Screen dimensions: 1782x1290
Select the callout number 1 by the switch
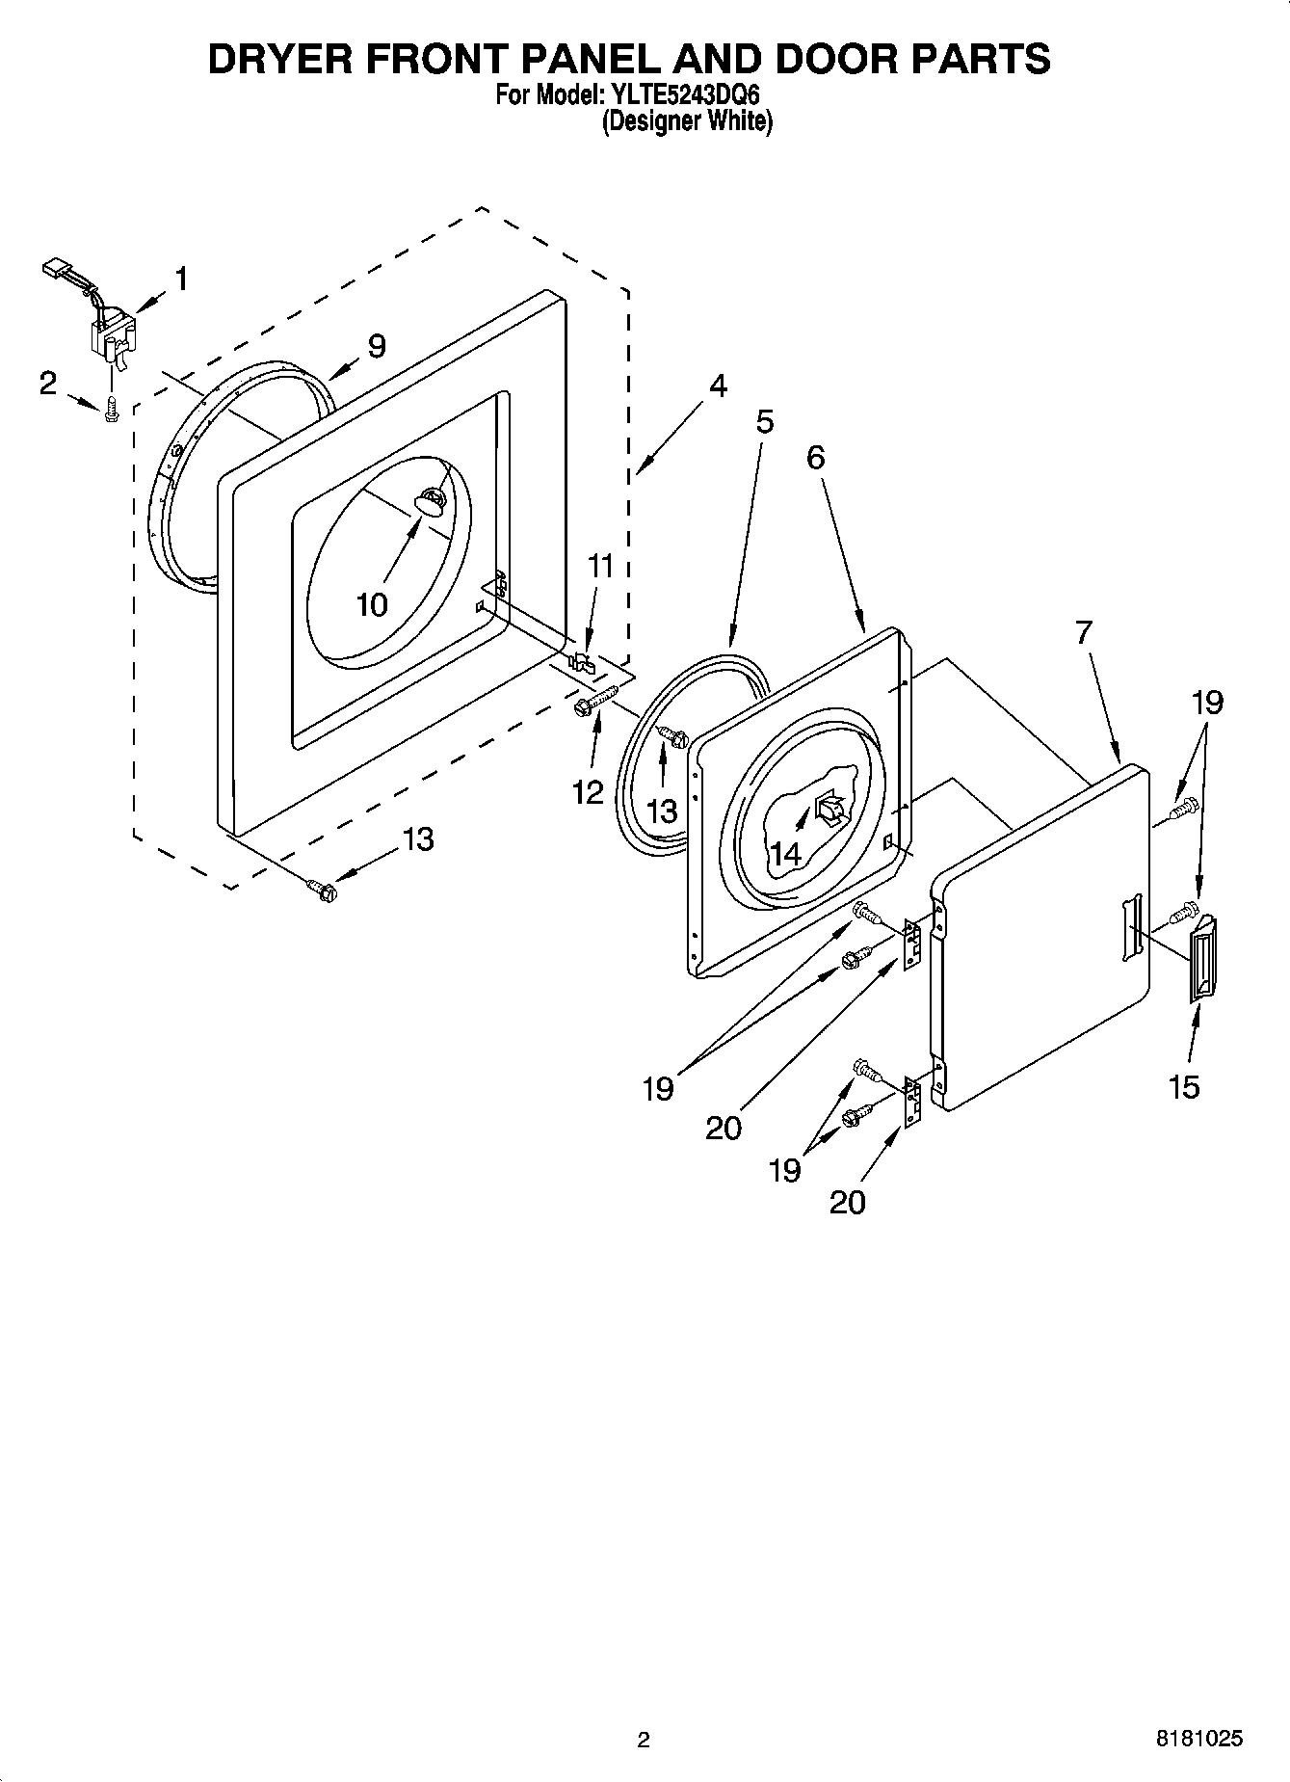coord(181,279)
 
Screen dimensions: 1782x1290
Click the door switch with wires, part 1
coord(108,333)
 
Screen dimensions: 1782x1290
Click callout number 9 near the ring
coord(376,345)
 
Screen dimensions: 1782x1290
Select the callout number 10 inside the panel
coord(372,604)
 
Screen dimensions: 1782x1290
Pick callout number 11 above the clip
coord(600,566)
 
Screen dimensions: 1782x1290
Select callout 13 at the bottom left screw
coord(417,838)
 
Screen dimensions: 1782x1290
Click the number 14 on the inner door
coord(785,852)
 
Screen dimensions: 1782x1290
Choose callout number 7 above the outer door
coord(1084,632)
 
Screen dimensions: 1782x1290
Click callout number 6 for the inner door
coord(815,457)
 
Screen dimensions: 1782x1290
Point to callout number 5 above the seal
coord(764,421)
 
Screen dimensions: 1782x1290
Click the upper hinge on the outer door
coord(911,944)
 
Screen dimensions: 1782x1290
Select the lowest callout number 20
coord(847,1202)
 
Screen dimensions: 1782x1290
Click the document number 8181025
coord(1198,1739)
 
